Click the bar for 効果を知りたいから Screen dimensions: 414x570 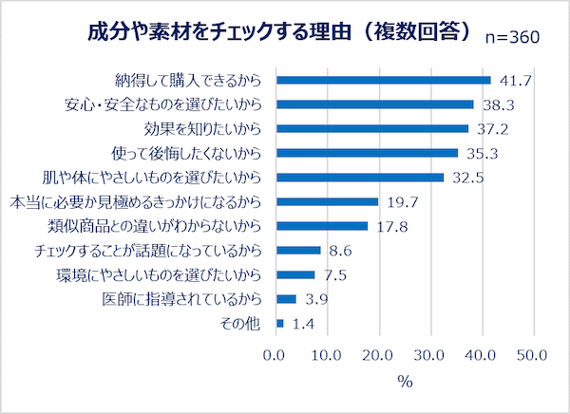(371, 128)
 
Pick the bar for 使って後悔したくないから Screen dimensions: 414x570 (367, 153)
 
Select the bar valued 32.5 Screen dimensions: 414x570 (359, 178)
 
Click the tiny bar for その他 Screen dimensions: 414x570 (279, 324)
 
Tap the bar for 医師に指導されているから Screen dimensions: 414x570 (286, 299)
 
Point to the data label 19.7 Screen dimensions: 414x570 (401, 201)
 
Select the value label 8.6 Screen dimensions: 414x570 (339, 251)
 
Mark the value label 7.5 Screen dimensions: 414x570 (333, 275)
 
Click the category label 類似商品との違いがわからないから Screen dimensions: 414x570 (154, 226)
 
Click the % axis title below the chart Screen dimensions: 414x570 (404, 382)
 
